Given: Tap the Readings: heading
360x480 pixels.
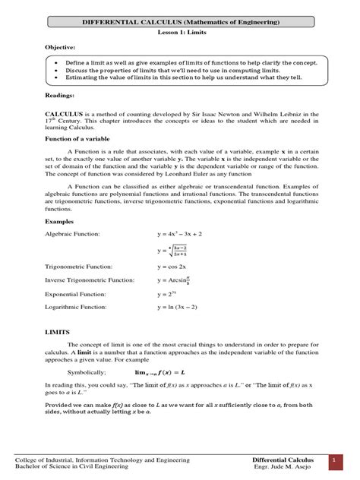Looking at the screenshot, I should pyautogui.click(x=39, y=96).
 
